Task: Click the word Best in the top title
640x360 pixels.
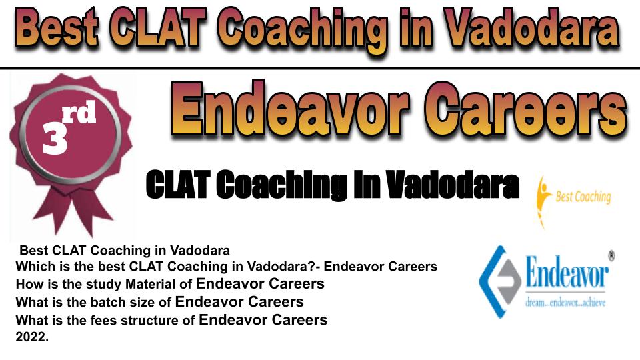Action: coord(57,28)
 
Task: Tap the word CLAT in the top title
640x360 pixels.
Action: coord(158,28)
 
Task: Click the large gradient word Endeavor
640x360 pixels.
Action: coord(290,108)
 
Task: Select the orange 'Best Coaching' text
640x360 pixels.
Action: coord(583,197)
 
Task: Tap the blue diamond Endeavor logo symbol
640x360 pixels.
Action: coord(500,281)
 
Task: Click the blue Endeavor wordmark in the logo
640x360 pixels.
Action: coord(567,273)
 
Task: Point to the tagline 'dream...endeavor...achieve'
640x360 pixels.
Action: coord(565,303)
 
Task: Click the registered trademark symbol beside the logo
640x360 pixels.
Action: coord(611,256)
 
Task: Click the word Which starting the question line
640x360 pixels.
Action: coord(34,267)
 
